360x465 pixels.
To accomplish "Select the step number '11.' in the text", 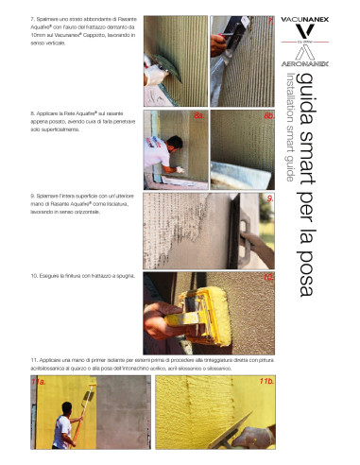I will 35,360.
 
